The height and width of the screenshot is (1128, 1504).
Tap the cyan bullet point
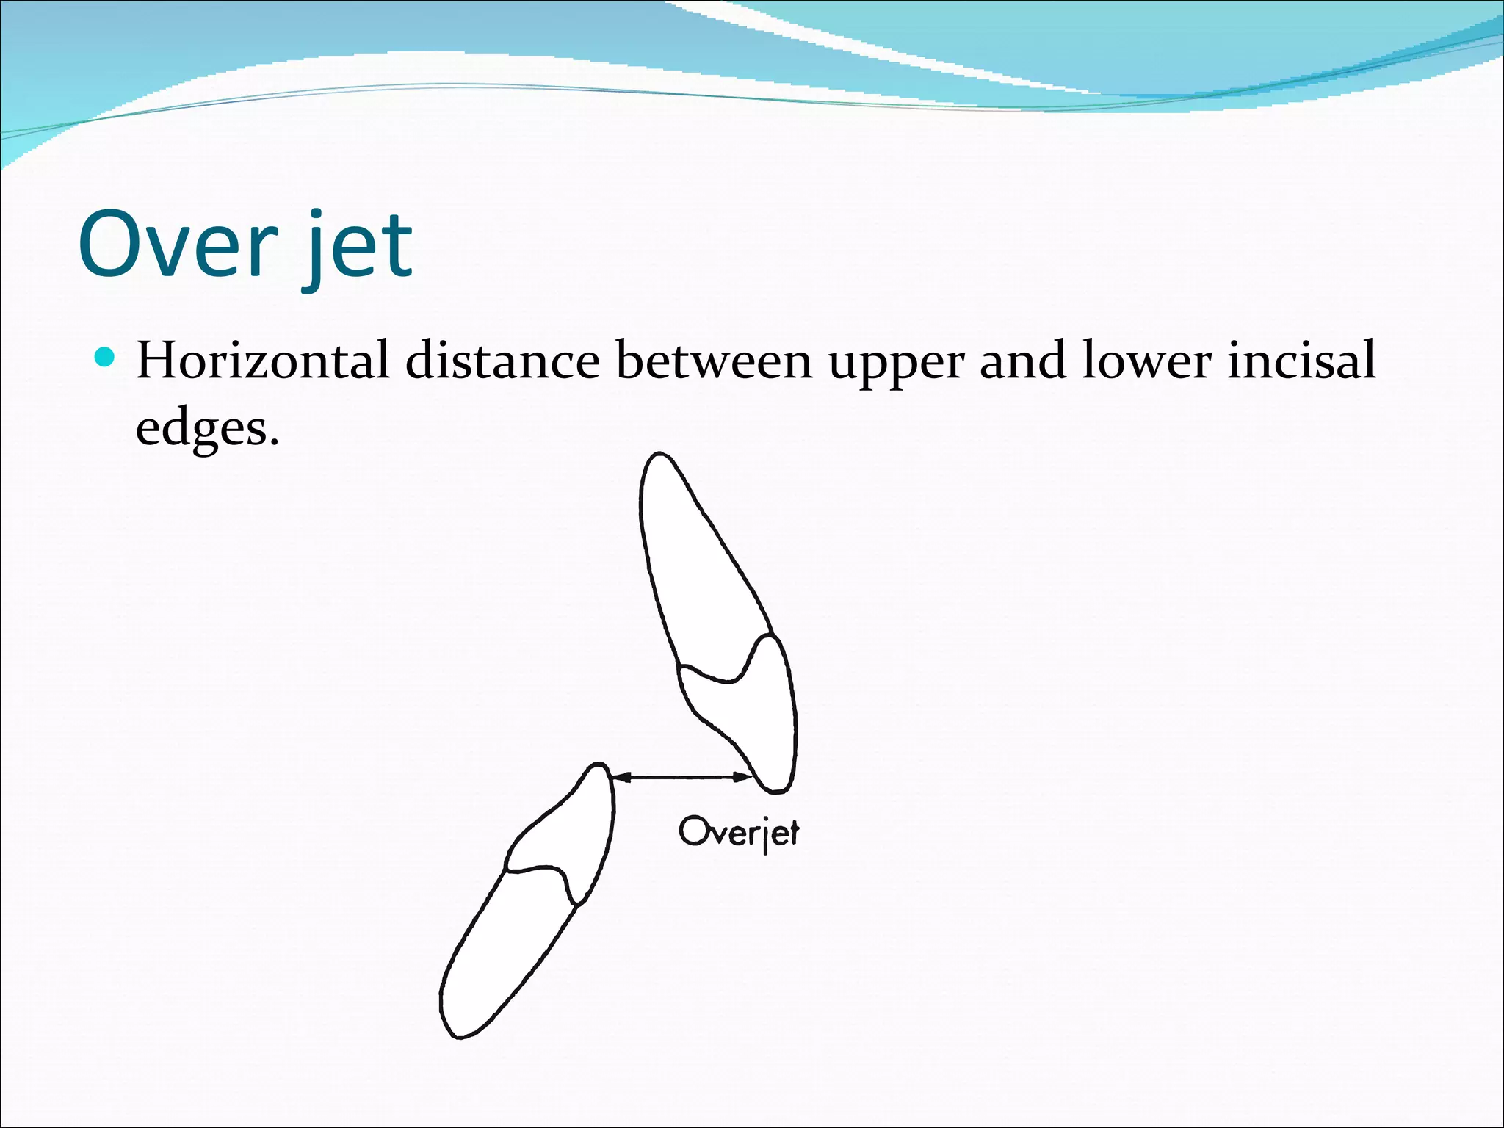(106, 358)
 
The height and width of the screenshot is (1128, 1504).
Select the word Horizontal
(262, 361)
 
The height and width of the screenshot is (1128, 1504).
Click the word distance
(502, 361)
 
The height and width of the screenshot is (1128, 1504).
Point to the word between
(714, 361)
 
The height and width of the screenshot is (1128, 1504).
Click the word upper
(897, 365)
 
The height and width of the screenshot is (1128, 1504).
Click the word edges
(206, 428)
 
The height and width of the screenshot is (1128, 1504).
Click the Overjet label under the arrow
(738, 833)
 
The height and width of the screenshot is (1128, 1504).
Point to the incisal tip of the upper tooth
(776, 789)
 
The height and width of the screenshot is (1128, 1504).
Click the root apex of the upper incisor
(659, 456)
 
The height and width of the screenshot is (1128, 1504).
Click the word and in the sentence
(1022, 361)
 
